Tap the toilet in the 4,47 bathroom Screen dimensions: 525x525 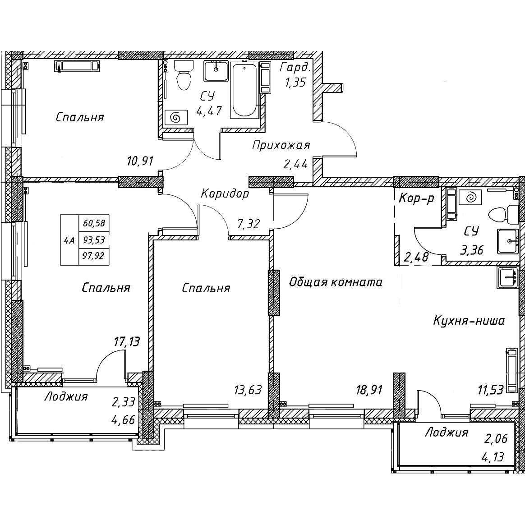[183, 75]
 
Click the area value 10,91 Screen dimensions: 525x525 [140, 161]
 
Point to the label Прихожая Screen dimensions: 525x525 [281, 145]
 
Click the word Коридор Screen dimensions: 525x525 [225, 193]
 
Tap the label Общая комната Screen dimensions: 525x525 [336, 282]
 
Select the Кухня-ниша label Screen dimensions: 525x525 [469, 321]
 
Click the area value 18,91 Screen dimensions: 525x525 [369, 390]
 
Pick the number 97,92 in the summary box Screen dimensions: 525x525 [93, 256]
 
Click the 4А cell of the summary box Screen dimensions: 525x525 [69, 240]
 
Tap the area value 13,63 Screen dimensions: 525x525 [248, 390]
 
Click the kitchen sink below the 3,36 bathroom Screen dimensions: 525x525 [507, 277]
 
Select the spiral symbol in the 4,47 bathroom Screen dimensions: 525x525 [176, 118]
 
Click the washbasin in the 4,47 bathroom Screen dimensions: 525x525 [216, 71]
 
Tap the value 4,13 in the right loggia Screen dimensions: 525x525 [494, 457]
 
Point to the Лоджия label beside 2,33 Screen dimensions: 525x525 [66, 397]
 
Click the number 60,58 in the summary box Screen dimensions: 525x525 [93, 223]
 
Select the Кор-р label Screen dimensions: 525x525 [416, 199]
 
